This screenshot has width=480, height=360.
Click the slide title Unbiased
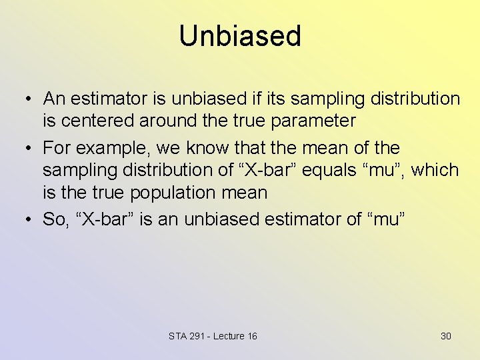coord(240,36)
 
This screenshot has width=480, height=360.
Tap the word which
coord(435,170)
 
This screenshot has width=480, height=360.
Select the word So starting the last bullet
coord(53,219)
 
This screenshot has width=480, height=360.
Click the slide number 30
coord(445,336)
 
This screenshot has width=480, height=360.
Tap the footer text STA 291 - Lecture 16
coord(213,336)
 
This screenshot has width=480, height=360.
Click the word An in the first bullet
coord(54,99)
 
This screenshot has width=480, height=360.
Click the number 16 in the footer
coord(251,336)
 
